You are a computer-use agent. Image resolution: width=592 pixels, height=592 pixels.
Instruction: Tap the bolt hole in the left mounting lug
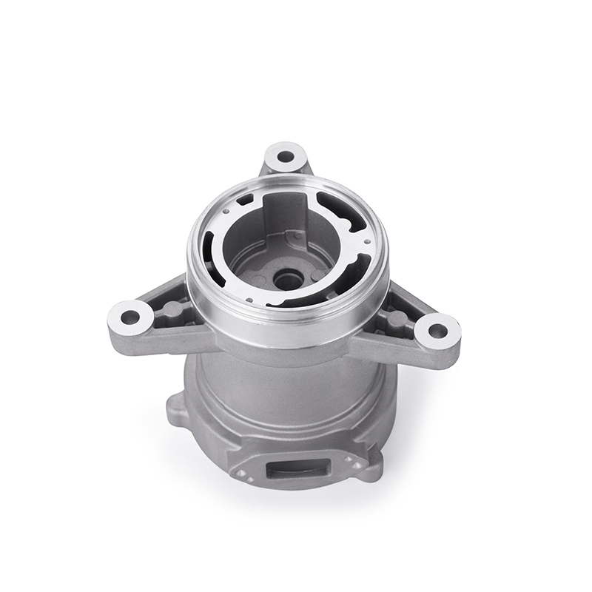coord(131,320)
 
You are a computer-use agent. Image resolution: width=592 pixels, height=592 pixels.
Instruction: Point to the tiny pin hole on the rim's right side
coord(366,240)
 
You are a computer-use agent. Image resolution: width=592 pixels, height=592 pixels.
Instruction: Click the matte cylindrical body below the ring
coord(289,392)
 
